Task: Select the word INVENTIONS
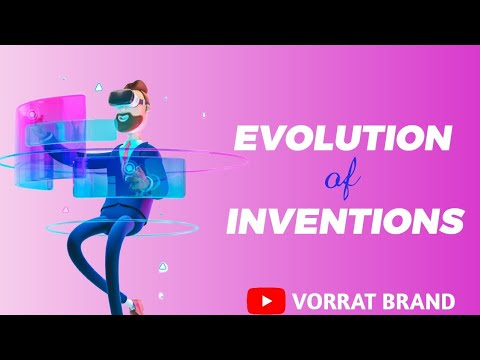coord(345,219)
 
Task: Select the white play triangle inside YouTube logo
coord(266,300)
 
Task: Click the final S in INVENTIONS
coord(453,220)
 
